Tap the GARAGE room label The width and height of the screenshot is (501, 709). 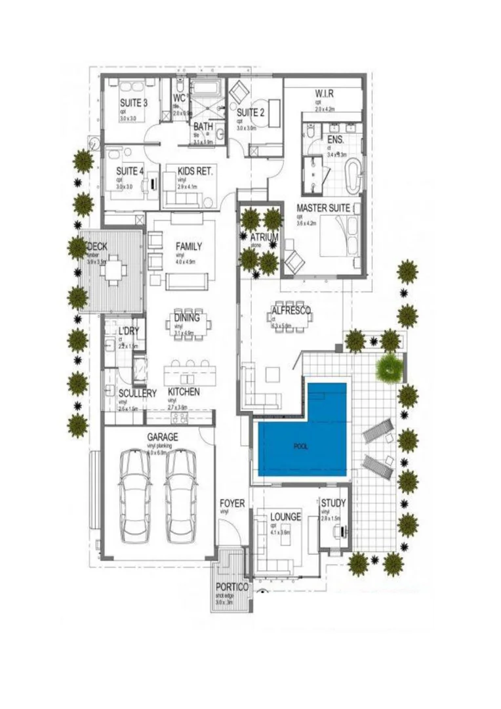click(162, 437)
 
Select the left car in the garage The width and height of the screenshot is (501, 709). click(136, 496)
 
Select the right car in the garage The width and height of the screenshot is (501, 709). click(181, 496)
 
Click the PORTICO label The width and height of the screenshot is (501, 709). click(232, 587)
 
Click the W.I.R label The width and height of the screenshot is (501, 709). click(324, 93)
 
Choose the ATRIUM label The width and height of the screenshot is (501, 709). click(264, 237)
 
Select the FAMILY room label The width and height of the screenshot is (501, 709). click(188, 247)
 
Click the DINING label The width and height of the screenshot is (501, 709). click(187, 318)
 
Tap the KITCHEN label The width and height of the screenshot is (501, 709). click(184, 392)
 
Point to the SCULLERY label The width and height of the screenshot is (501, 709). click(137, 393)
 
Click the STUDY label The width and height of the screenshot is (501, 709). click(333, 504)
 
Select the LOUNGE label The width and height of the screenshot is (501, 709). click(285, 517)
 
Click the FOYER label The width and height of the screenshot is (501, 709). click(232, 504)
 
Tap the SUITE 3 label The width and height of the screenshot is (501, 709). click(133, 103)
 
